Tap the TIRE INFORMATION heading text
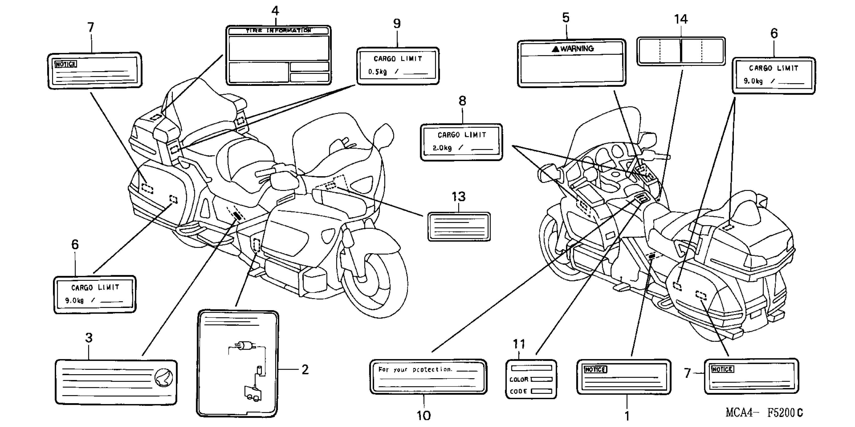(x=278, y=31)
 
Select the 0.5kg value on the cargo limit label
(x=377, y=72)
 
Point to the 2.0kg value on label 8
(x=442, y=148)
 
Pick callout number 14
(x=681, y=19)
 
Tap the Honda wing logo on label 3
(x=164, y=378)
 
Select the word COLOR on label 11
(x=519, y=380)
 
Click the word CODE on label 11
(x=518, y=391)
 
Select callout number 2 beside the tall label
(x=305, y=369)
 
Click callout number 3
(x=89, y=338)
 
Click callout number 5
(x=566, y=18)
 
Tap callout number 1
(x=627, y=416)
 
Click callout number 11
(x=519, y=344)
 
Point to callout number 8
(x=462, y=101)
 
